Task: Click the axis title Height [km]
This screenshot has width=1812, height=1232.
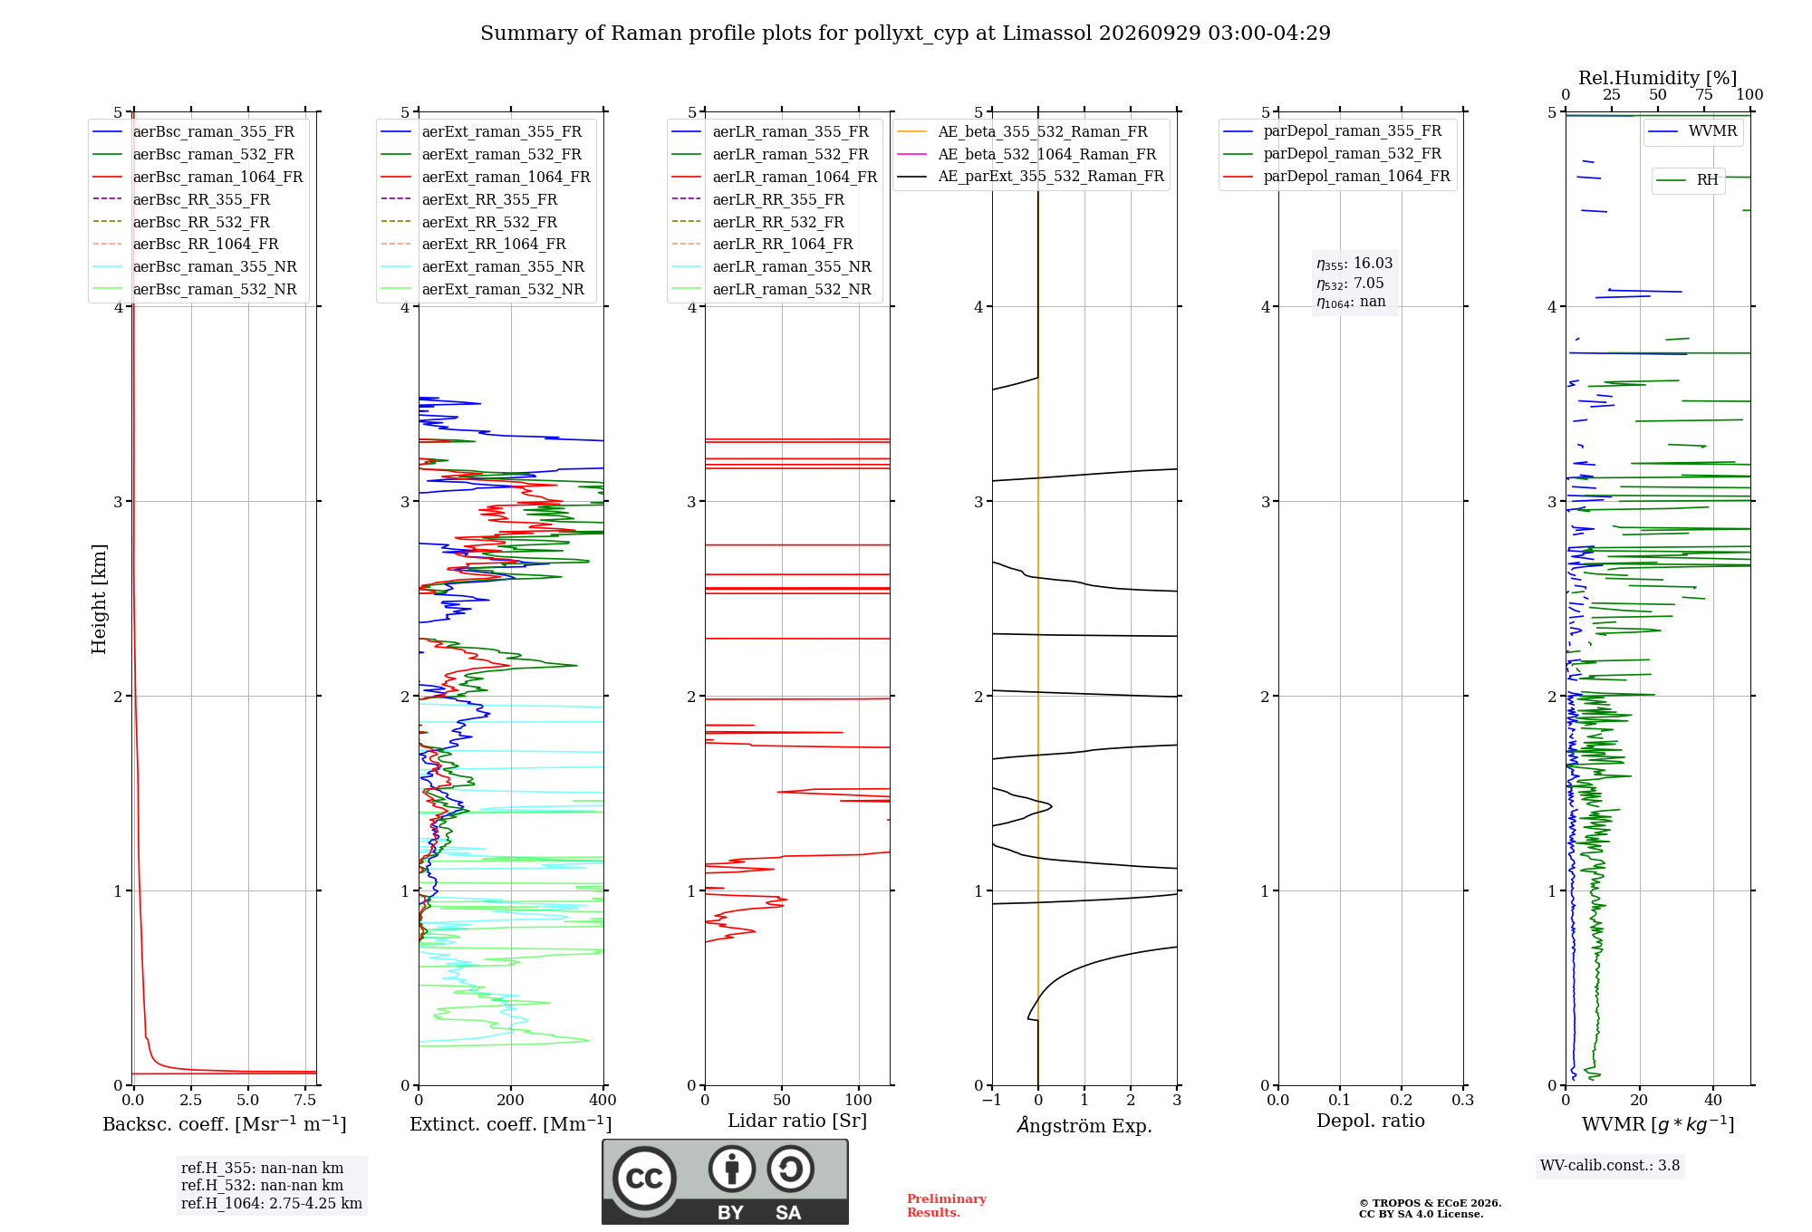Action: (x=99, y=599)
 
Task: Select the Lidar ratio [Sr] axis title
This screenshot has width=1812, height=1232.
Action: (x=797, y=1121)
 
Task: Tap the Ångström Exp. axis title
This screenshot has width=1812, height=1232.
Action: (x=1084, y=1125)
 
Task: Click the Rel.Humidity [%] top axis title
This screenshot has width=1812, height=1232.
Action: (x=1658, y=78)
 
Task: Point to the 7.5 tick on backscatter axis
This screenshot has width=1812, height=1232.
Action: (x=305, y=1100)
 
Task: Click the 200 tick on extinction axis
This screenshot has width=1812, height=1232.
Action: (x=511, y=1100)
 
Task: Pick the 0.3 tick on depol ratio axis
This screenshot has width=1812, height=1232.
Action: (x=1462, y=1100)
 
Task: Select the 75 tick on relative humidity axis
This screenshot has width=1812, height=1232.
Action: (x=1704, y=94)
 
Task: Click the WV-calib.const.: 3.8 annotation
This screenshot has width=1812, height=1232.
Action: (x=1610, y=1165)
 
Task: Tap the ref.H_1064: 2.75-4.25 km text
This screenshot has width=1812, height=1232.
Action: (x=272, y=1203)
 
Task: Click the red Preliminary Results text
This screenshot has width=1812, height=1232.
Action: (x=947, y=1206)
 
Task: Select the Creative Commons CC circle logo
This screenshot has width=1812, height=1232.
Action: (x=644, y=1179)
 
